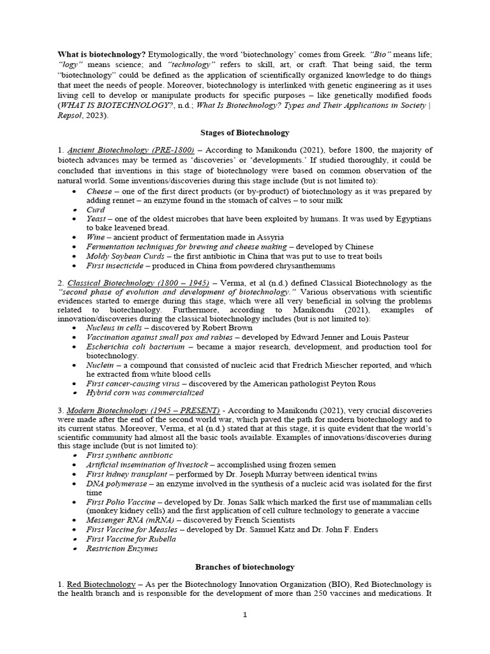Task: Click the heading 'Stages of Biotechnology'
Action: [245, 133]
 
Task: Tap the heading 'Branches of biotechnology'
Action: [245, 567]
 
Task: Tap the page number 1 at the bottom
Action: [245, 614]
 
